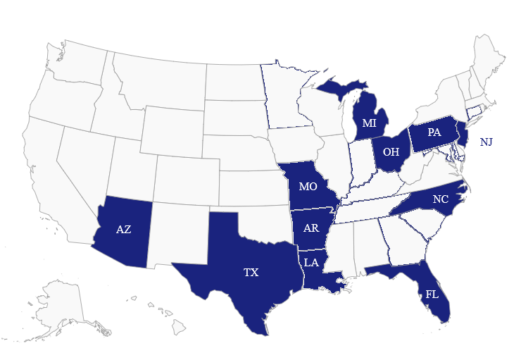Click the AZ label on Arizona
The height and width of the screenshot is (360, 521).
tap(123, 229)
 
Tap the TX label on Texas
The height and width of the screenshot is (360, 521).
tap(251, 272)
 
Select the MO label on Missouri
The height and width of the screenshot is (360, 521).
tap(308, 187)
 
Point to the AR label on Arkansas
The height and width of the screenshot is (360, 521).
tap(312, 228)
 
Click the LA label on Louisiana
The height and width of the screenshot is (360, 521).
tap(311, 263)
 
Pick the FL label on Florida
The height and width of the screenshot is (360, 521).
tap(432, 294)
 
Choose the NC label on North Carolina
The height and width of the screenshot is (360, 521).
tap(441, 199)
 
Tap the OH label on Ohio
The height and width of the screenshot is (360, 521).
tap(391, 151)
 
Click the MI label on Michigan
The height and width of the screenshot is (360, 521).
tap(369, 123)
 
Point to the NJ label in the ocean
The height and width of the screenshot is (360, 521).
tap(486, 142)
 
